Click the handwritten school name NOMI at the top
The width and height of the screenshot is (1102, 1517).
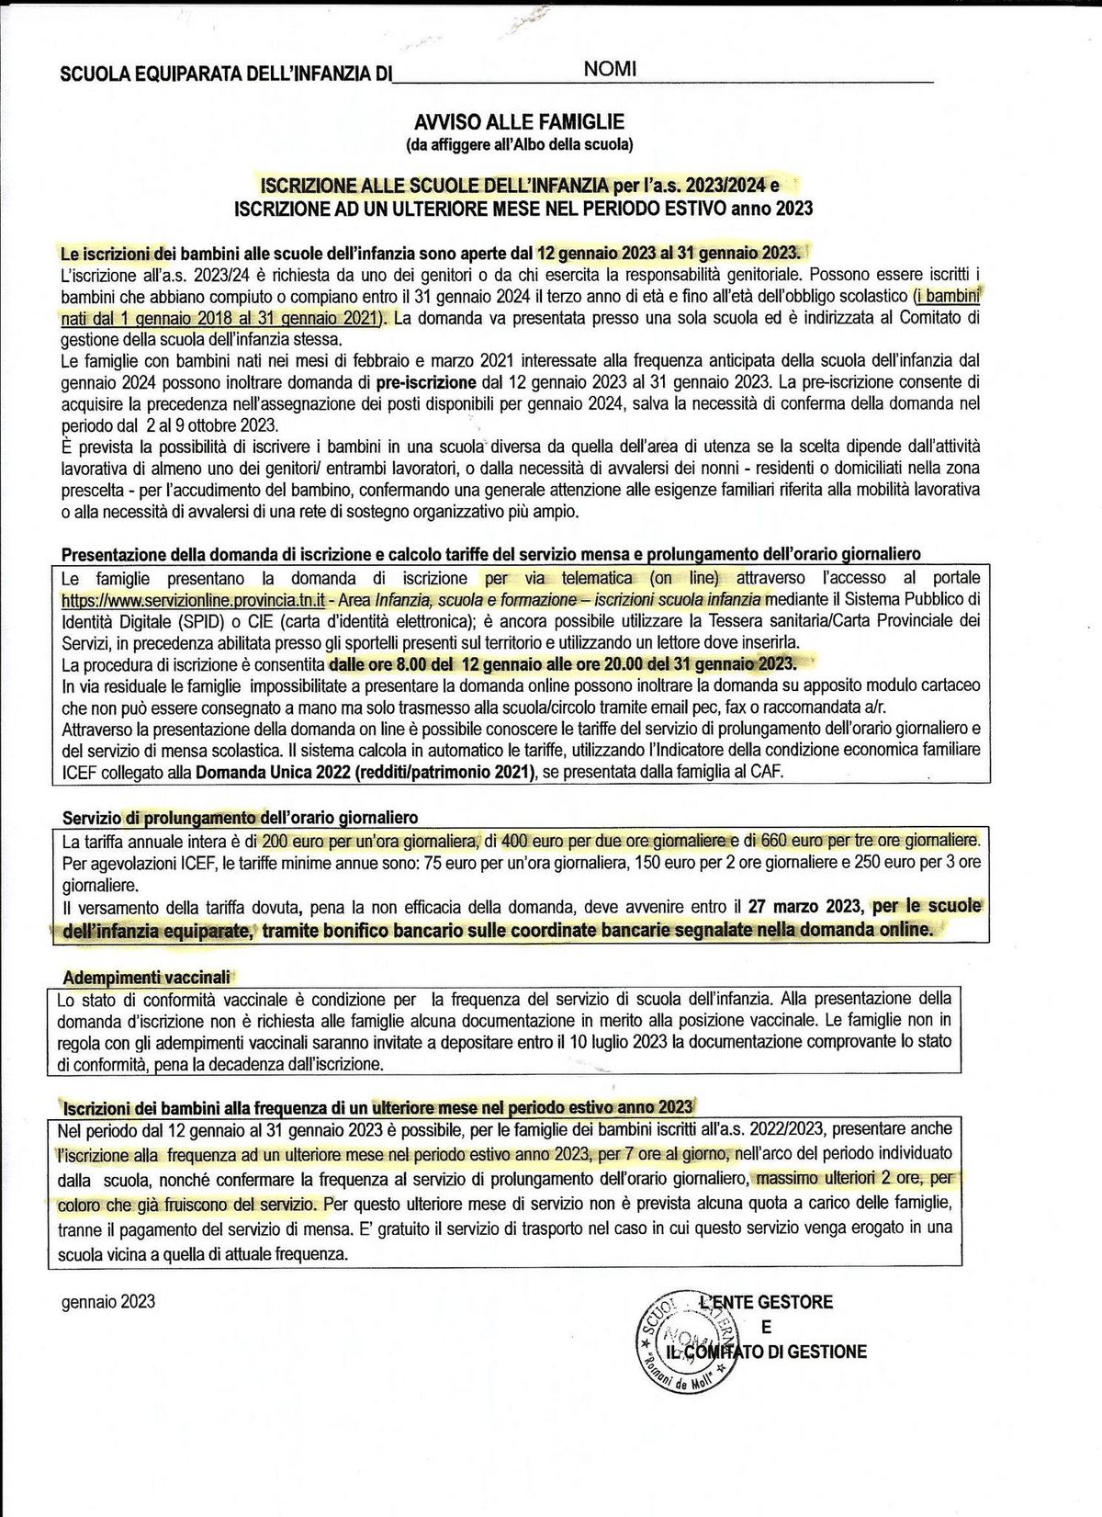pos(610,70)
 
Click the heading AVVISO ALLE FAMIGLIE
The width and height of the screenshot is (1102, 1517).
pos(519,121)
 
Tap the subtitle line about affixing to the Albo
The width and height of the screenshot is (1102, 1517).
pos(519,144)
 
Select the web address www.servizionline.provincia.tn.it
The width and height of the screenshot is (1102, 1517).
pos(192,600)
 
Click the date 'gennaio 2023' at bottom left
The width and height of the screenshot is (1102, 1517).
pos(108,1301)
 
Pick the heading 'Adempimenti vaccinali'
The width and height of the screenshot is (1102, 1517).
pos(147,977)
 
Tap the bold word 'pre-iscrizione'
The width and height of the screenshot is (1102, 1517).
pos(426,381)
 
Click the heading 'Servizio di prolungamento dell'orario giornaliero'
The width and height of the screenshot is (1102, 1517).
pos(240,817)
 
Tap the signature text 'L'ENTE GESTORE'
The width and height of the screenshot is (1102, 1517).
pos(765,1302)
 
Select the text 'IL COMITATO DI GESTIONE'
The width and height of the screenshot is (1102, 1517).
pos(765,1352)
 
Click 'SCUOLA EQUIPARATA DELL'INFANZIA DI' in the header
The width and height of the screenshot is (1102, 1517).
pos(225,74)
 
